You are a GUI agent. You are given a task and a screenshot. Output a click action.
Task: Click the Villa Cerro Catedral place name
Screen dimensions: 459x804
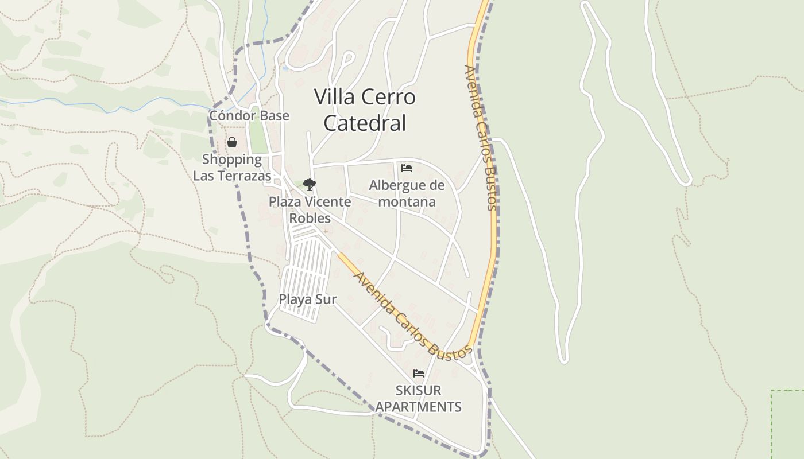pyautogui.click(x=365, y=110)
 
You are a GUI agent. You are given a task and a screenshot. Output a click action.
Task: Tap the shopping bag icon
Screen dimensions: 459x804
pyautogui.click(x=232, y=142)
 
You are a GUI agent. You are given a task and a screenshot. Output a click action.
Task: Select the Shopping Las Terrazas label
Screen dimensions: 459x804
pyautogui.click(x=232, y=168)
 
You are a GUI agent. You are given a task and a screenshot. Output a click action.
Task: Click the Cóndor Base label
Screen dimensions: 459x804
pyautogui.click(x=249, y=116)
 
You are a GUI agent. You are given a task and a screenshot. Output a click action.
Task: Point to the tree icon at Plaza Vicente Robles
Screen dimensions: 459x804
pyautogui.click(x=310, y=185)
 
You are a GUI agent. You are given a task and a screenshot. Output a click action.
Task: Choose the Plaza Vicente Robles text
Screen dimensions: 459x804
pyautogui.click(x=310, y=210)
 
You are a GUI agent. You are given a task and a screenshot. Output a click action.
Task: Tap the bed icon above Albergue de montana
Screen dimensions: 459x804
pyautogui.click(x=407, y=168)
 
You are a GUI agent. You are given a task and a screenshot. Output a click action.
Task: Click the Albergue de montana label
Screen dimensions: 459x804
pyautogui.click(x=407, y=193)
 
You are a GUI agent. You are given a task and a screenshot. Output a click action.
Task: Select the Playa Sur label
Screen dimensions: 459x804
pyautogui.click(x=308, y=299)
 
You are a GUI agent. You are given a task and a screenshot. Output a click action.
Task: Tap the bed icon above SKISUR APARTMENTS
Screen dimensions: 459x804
pyautogui.click(x=419, y=374)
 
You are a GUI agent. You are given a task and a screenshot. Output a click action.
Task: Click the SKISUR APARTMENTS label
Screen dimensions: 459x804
pyautogui.click(x=419, y=399)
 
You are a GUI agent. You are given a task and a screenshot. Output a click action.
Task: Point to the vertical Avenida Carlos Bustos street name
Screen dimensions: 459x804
pyautogui.click(x=481, y=138)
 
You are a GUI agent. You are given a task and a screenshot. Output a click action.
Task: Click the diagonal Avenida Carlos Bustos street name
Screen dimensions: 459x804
pyautogui.click(x=412, y=316)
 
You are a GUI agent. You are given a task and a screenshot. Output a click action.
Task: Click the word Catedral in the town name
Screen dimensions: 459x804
pyautogui.click(x=365, y=123)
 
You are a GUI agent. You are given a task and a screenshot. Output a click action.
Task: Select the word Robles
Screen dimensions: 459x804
pyautogui.click(x=310, y=219)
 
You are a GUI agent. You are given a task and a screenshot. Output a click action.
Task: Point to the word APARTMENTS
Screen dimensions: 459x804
pyautogui.click(x=419, y=407)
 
